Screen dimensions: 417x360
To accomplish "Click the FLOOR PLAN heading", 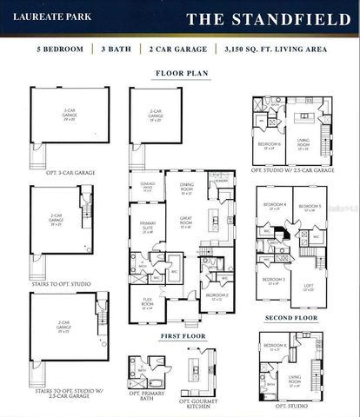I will pos(180,74).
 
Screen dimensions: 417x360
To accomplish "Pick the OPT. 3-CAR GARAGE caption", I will pos(70,173).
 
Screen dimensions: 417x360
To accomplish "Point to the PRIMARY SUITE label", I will pos(147,228).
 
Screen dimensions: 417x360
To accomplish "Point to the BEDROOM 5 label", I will pos(307,208).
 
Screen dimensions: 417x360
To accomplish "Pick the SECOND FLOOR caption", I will pos(290,318).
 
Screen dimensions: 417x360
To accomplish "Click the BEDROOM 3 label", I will pos(274,281).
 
